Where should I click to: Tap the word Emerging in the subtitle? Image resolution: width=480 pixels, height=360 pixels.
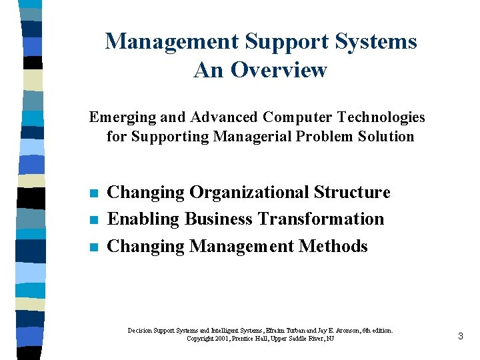pyautogui.click(x=117, y=118)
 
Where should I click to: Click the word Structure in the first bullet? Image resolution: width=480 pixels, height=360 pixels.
pyautogui.click(x=352, y=193)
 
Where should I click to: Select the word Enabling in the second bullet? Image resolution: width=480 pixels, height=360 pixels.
pyautogui.click(x=143, y=219)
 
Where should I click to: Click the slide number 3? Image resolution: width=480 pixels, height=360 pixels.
pyautogui.click(x=460, y=336)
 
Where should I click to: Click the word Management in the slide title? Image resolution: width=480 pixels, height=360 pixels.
pyautogui.click(x=172, y=41)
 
